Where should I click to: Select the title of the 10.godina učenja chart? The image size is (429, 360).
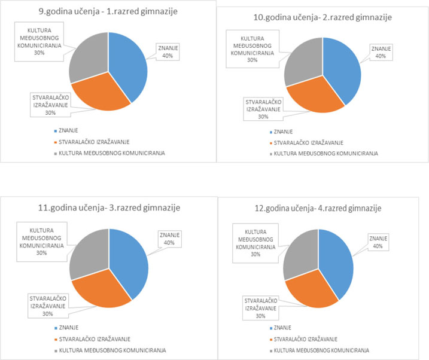click(323, 17)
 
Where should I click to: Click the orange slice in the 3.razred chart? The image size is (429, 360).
click(102, 290)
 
